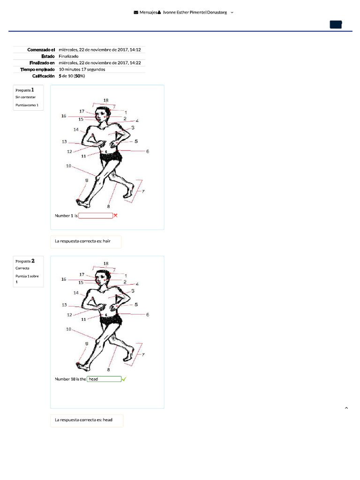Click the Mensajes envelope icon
pos(136,13)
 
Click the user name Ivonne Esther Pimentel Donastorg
pos(195,13)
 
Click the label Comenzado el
pos(41,50)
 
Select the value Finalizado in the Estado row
pos(68,56)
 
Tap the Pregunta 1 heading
pos(24,89)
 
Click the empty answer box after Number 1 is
pos(96,216)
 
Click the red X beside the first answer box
pos(116,216)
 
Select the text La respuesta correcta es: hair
pos(86,241)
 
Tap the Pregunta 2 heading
pos(25,261)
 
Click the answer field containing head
pos(104,379)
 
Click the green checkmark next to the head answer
pos(124,379)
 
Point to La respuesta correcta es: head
pos(86,420)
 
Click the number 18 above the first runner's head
pos(106,100)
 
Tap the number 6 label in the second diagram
pos(148,315)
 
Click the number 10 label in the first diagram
pos(68,165)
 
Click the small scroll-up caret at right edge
pos(346,408)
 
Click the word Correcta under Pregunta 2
pos(22,269)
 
